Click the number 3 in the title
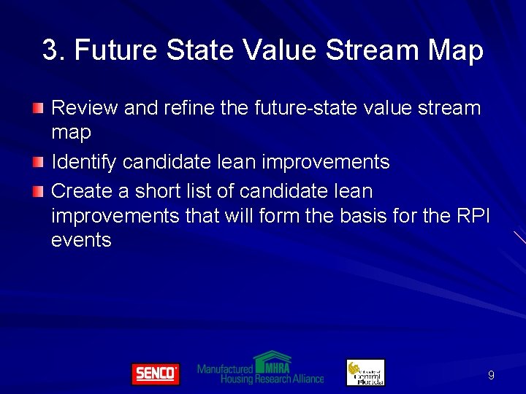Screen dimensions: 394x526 [50, 50]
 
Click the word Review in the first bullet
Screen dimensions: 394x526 [85, 108]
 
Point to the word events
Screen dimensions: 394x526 [81, 240]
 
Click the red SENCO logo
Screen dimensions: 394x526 [155, 374]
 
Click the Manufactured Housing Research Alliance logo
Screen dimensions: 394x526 [260, 368]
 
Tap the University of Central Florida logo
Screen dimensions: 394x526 [365, 373]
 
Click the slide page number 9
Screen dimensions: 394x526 [491, 375]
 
